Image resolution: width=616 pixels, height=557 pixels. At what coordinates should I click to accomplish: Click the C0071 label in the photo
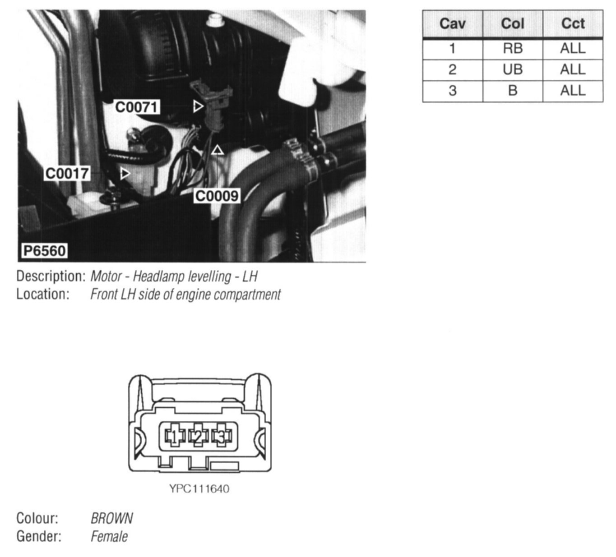click(137, 107)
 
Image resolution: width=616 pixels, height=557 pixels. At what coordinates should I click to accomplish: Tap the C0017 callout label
click(67, 173)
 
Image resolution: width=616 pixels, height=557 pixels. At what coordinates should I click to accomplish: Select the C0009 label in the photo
click(217, 196)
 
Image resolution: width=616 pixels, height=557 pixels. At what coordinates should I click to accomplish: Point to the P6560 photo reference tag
click(45, 251)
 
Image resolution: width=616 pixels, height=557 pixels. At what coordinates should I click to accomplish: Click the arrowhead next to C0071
click(198, 106)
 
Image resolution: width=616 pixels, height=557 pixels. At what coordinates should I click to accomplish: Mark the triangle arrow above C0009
click(218, 150)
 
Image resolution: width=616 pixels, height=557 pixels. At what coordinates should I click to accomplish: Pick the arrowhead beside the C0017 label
click(125, 174)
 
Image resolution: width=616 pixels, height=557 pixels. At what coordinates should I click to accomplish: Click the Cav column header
click(452, 23)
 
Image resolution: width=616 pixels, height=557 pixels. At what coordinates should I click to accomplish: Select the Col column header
click(513, 23)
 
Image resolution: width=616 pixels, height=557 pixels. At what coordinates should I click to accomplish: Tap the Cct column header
click(573, 23)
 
